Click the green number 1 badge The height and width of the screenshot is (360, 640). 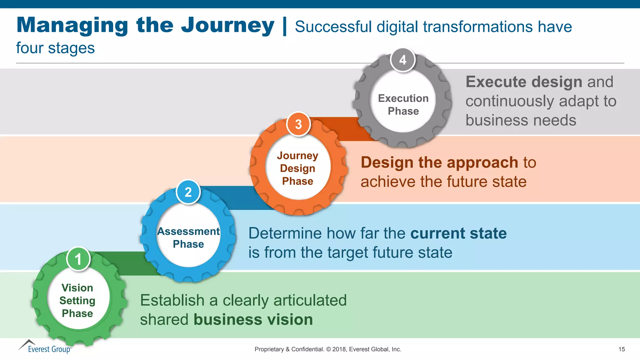(x=78, y=259)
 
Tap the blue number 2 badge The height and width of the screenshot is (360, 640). (x=188, y=192)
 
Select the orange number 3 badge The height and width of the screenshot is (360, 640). (x=298, y=124)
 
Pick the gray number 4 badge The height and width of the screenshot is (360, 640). (x=403, y=60)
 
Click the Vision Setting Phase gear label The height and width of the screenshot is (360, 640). (x=77, y=300)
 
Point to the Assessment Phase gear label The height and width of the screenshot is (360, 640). (x=188, y=237)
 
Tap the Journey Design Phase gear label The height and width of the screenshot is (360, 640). (x=297, y=168)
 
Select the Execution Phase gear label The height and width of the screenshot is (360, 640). (x=403, y=105)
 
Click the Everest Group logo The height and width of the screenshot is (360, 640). (x=45, y=347)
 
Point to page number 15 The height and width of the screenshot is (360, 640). (x=622, y=349)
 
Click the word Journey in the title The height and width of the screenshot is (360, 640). (x=227, y=26)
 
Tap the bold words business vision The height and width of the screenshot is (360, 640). (x=253, y=319)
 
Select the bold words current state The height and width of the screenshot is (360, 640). (x=458, y=233)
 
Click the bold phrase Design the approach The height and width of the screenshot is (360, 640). (x=439, y=162)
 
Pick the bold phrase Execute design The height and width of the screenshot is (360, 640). (x=524, y=82)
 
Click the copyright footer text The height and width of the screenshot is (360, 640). (x=328, y=349)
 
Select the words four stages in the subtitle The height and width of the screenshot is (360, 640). (x=55, y=48)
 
